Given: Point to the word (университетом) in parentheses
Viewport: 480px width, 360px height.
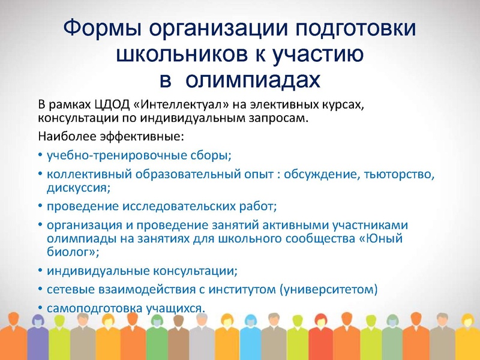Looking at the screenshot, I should click(329, 290).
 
